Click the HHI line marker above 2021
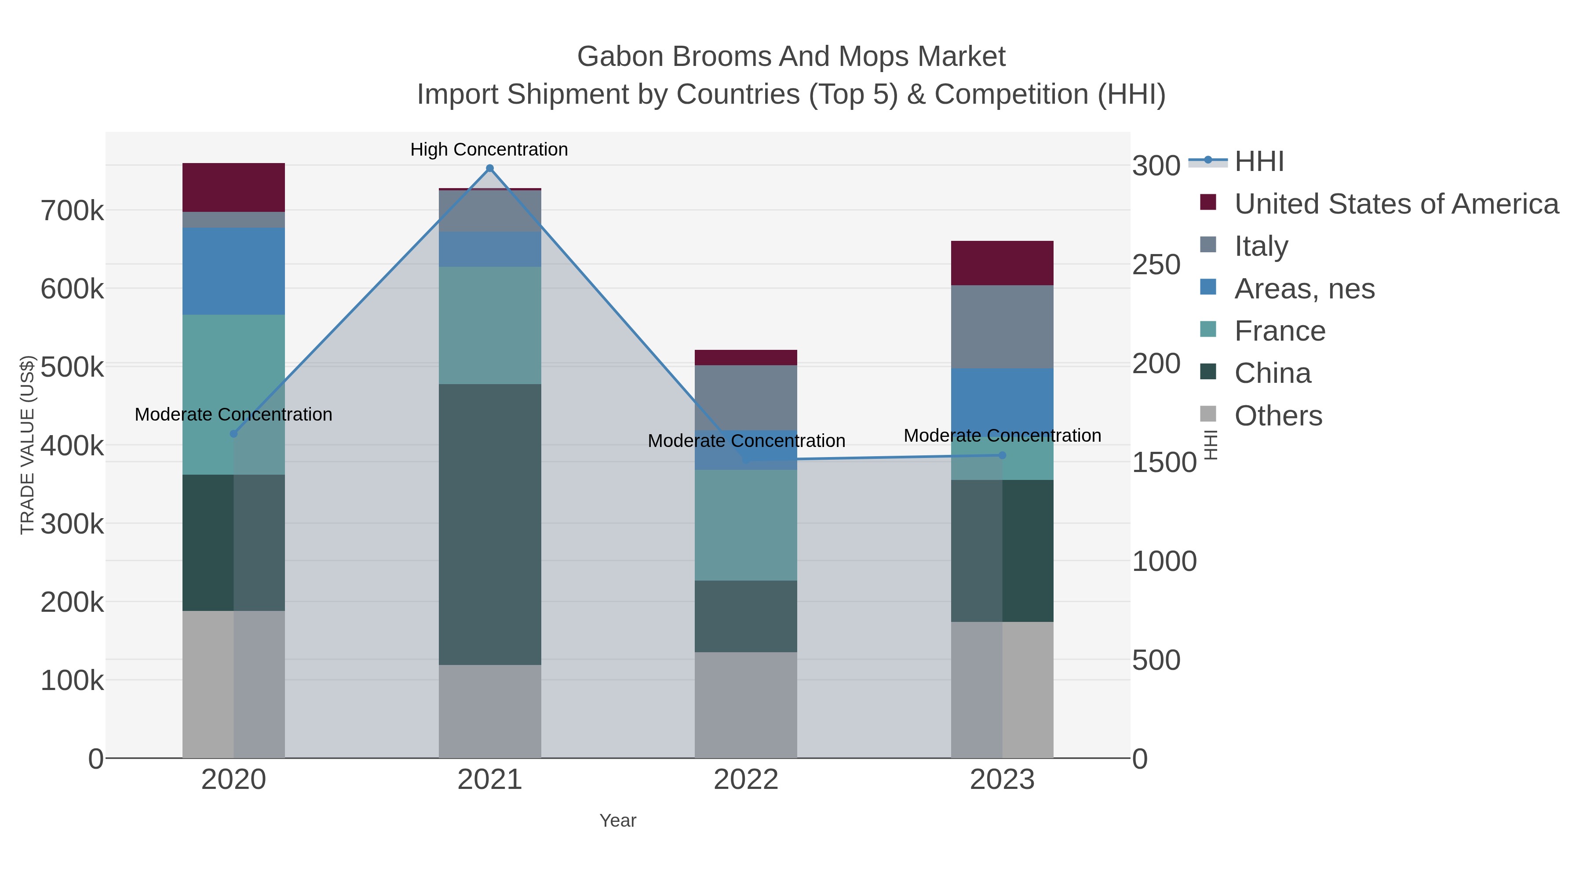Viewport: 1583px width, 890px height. [x=490, y=168]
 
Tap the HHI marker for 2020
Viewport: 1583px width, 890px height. [x=233, y=434]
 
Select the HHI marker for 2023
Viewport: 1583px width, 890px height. [x=1002, y=455]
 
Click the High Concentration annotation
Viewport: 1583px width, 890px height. [x=489, y=149]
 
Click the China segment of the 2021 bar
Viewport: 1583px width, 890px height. [x=490, y=524]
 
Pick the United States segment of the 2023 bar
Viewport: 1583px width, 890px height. [x=1002, y=263]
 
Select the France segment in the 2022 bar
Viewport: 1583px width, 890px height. [x=746, y=525]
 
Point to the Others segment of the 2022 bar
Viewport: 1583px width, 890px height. [x=746, y=705]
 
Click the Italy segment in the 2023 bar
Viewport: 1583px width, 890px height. [x=1002, y=326]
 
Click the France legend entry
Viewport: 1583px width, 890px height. [x=1280, y=331]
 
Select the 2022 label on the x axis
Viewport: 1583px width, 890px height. [x=746, y=779]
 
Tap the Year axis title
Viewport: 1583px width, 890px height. [x=618, y=820]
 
